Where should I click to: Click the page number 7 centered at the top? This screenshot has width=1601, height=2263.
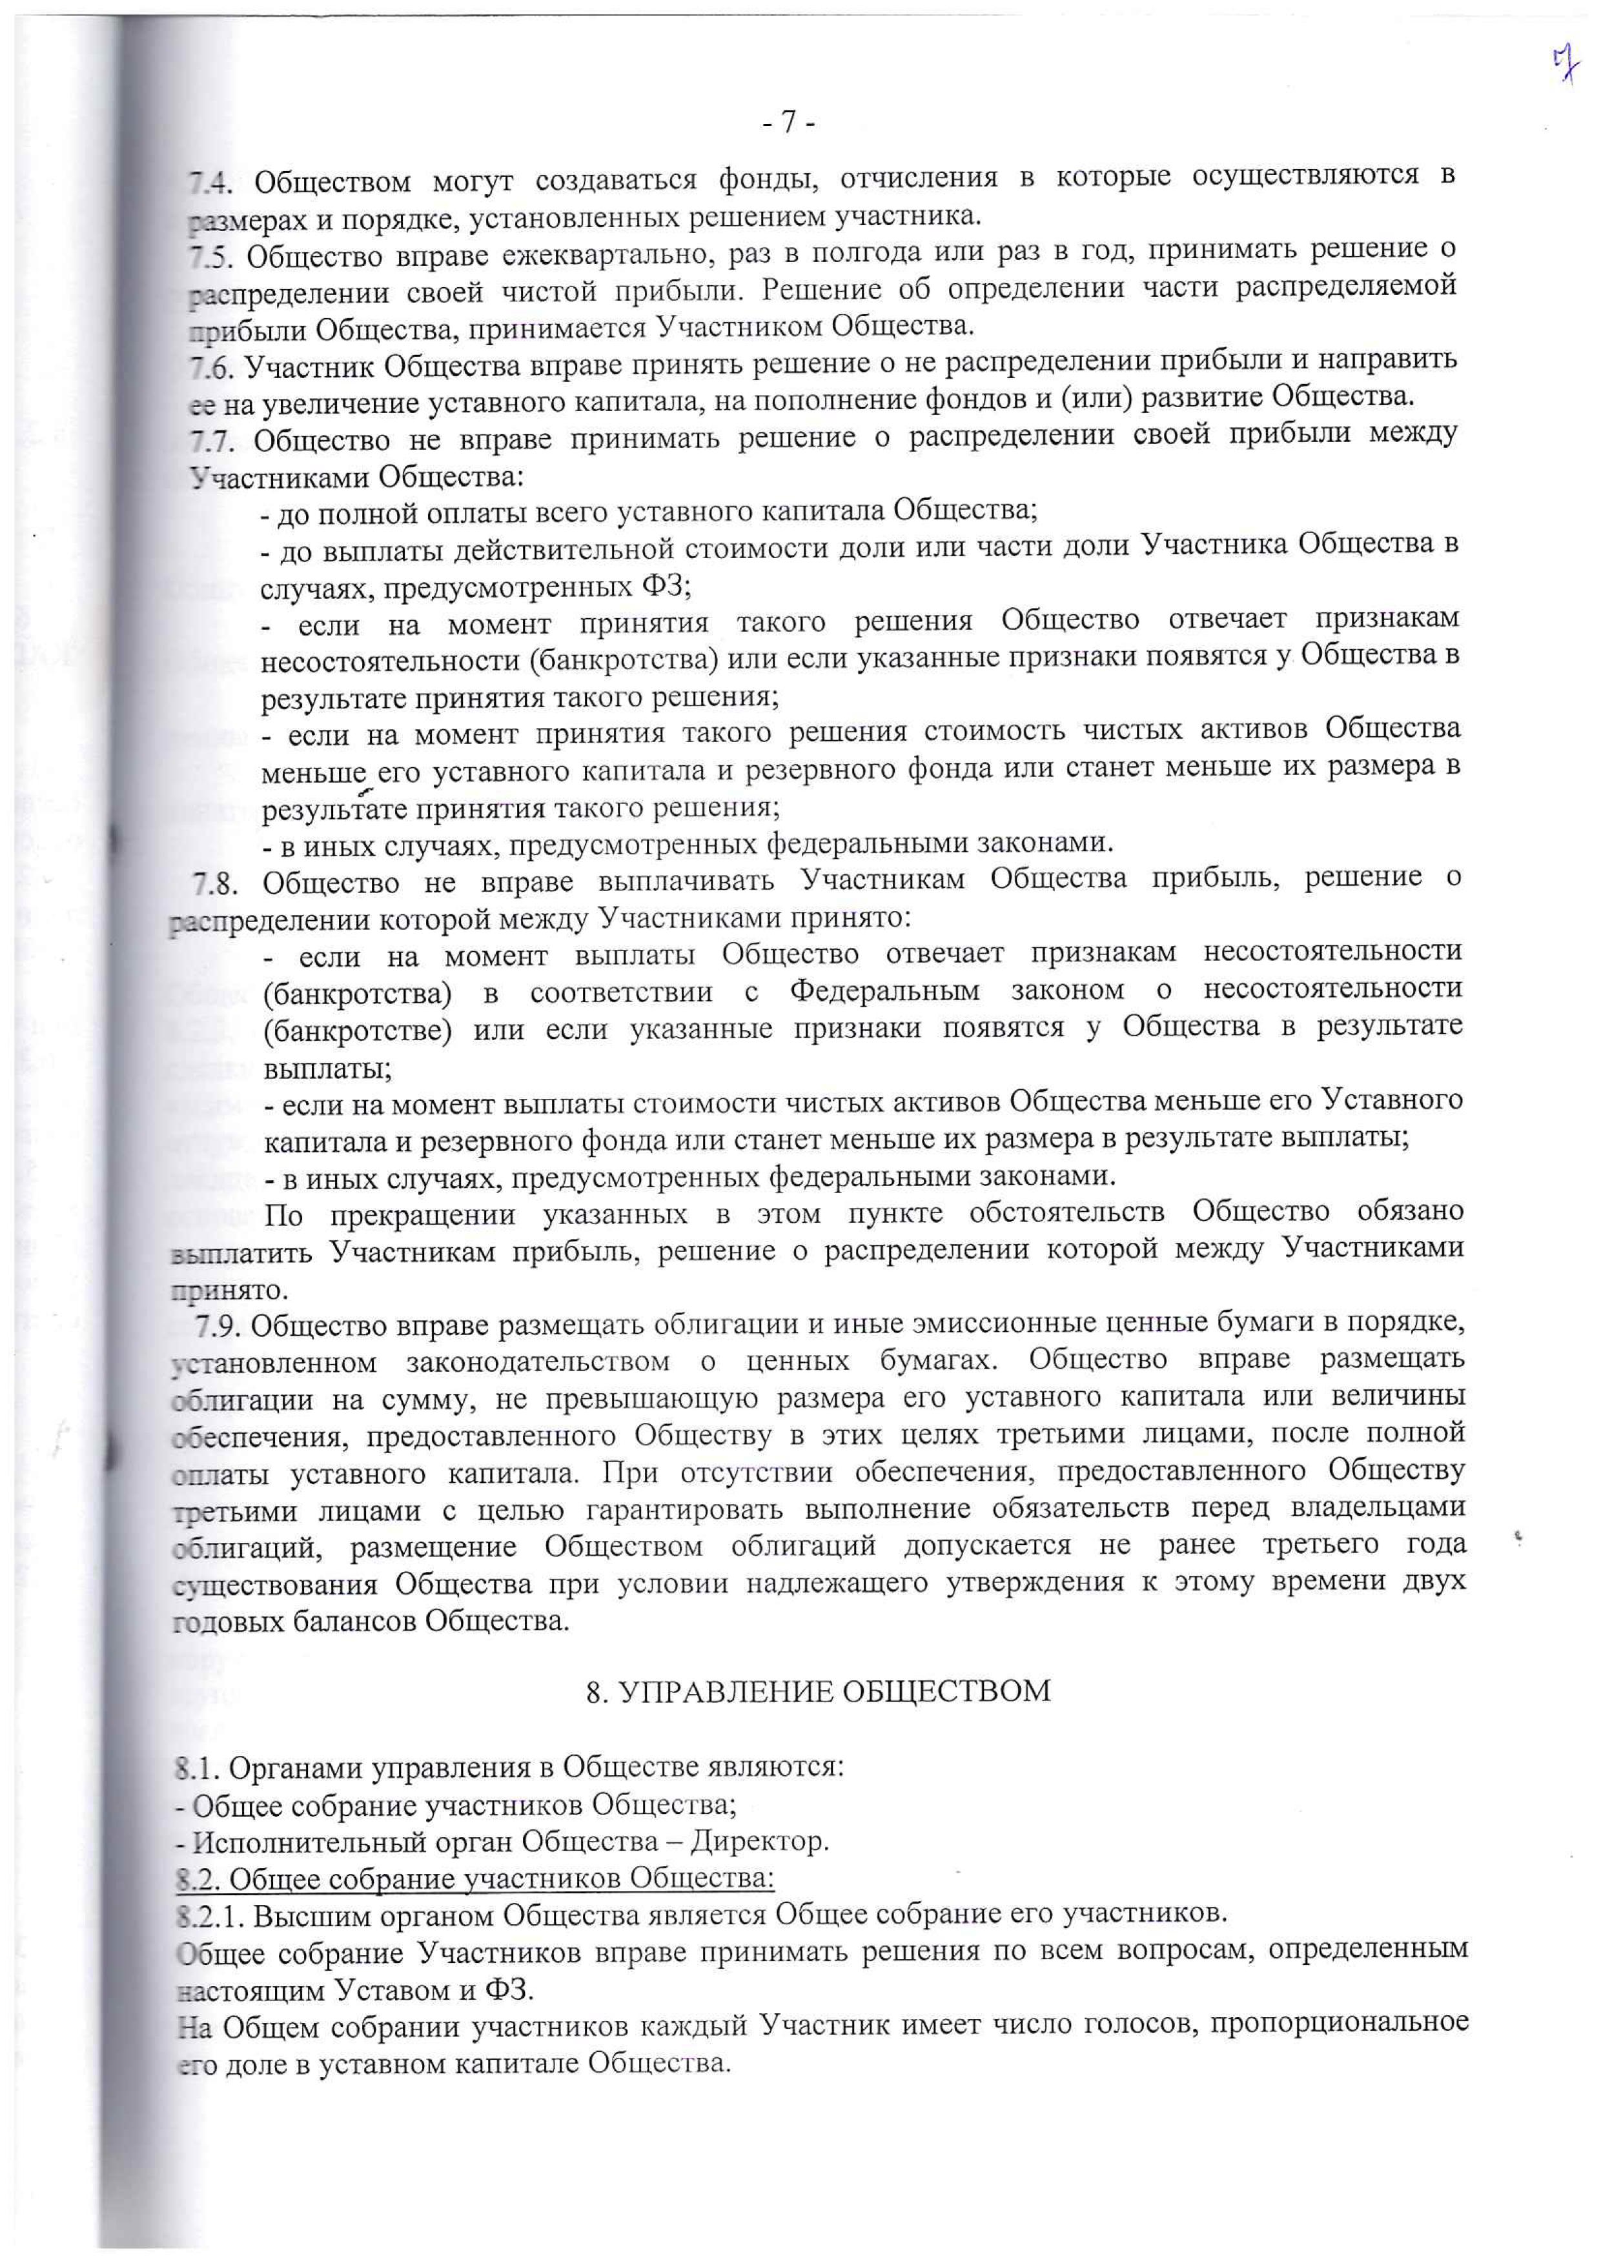pos(789,122)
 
